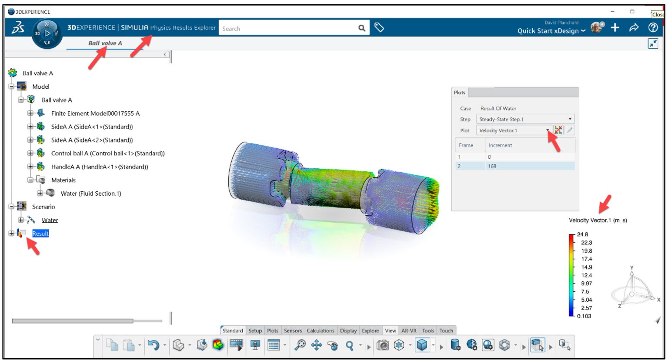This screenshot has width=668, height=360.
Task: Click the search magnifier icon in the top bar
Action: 362,28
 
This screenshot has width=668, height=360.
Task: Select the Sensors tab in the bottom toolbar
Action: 293,331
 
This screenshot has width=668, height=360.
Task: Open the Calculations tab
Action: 321,331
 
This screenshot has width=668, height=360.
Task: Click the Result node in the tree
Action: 40,234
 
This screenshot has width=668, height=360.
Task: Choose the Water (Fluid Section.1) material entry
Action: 90,193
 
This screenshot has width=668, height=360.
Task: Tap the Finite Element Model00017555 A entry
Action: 95,113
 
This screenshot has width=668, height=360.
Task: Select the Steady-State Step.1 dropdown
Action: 525,119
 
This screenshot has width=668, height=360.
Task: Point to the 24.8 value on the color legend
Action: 583,234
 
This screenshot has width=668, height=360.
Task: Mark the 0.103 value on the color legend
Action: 584,316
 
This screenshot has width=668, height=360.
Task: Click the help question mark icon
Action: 653,28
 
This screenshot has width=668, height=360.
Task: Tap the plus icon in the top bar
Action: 615,28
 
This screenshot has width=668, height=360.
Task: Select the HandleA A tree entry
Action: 99,167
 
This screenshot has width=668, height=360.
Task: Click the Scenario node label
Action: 43,207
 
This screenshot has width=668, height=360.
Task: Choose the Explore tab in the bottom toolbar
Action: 371,331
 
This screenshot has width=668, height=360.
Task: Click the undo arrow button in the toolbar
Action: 153,345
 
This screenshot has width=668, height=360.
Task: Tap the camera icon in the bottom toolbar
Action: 383,345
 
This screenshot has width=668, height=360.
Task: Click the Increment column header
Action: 500,145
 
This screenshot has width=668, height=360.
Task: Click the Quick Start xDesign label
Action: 548,31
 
